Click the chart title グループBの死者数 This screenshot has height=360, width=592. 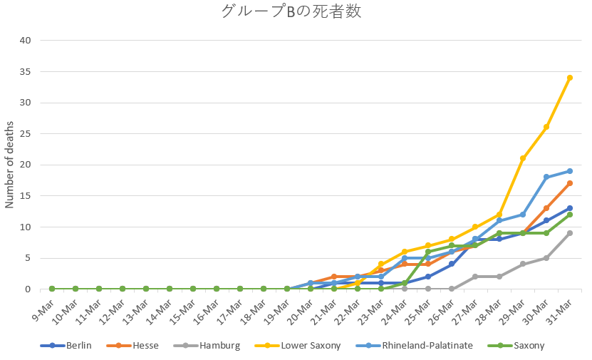[x=296, y=11]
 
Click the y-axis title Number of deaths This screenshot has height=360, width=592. [x=10, y=165]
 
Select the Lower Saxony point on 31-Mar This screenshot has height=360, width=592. [x=570, y=78]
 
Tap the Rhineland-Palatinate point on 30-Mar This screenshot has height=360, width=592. [x=546, y=177]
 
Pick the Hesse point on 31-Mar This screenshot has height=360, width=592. [x=570, y=183]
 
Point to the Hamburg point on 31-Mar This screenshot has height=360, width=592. [x=570, y=233]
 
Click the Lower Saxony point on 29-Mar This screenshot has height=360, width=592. [x=523, y=158]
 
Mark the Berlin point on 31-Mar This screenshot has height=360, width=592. [x=570, y=208]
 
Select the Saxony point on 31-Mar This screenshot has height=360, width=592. [x=570, y=215]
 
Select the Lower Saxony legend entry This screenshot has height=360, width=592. [x=303, y=346]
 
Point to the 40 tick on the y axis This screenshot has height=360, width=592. [x=26, y=40]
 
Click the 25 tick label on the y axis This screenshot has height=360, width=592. [x=26, y=133]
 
